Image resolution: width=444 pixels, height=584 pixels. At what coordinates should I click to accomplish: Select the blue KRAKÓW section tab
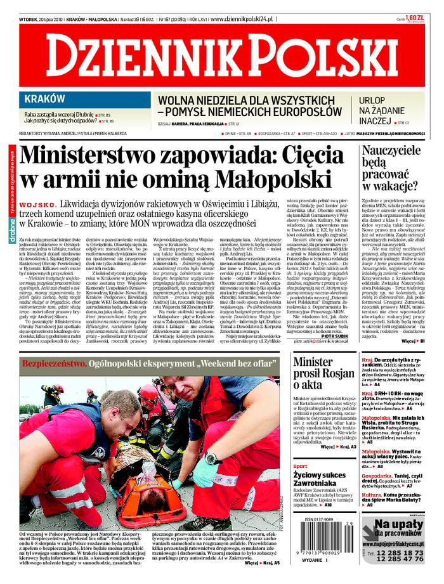tap(45, 99)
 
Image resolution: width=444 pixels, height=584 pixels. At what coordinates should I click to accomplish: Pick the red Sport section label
tap(301, 466)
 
